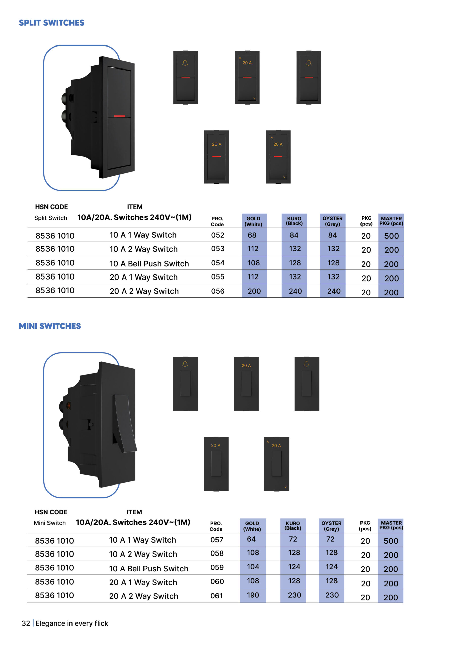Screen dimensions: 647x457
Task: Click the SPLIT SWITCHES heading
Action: click(x=52, y=23)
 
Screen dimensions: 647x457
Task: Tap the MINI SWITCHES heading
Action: click(x=50, y=326)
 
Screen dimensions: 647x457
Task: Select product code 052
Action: click(x=218, y=235)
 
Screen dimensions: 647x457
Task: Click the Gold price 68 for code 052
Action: click(x=252, y=235)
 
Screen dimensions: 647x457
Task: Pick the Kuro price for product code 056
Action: click(x=295, y=291)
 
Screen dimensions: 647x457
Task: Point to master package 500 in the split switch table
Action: click(x=391, y=236)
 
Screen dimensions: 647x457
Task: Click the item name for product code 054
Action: click(x=149, y=264)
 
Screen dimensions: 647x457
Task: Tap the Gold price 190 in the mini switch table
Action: click(x=253, y=595)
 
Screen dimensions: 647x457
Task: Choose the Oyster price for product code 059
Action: click(x=332, y=567)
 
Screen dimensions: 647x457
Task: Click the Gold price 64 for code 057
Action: click(x=251, y=539)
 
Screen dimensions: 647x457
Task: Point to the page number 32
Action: click(x=26, y=623)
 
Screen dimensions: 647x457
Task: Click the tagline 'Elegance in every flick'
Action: click(x=72, y=623)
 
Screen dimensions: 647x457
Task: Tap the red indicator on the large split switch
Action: click(x=119, y=116)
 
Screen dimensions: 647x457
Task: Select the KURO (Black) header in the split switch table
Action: click(x=294, y=221)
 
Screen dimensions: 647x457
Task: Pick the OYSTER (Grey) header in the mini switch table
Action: click(x=331, y=526)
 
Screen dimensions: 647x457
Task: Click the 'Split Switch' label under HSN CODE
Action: click(x=51, y=218)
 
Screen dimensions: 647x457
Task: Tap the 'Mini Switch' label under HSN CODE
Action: click(x=50, y=523)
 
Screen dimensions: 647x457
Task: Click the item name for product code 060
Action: click(x=143, y=582)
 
